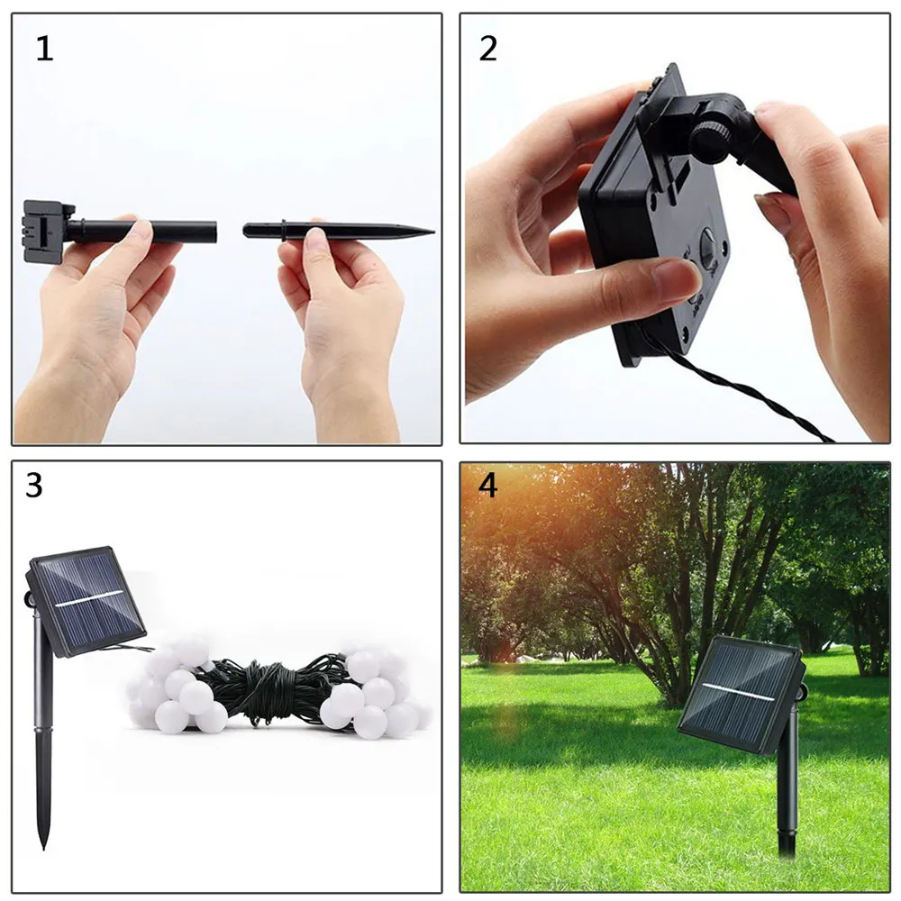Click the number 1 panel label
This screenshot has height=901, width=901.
point(44,49)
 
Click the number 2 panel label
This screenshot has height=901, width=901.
point(487,49)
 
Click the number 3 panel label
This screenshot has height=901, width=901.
point(34,486)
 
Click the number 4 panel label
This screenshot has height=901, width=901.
point(487,486)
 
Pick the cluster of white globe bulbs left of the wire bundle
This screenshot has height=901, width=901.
point(180,689)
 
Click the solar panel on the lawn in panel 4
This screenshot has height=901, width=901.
point(739,694)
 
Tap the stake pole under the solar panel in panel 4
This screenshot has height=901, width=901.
point(787,793)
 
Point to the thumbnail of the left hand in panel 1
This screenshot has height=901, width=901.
point(140,231)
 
